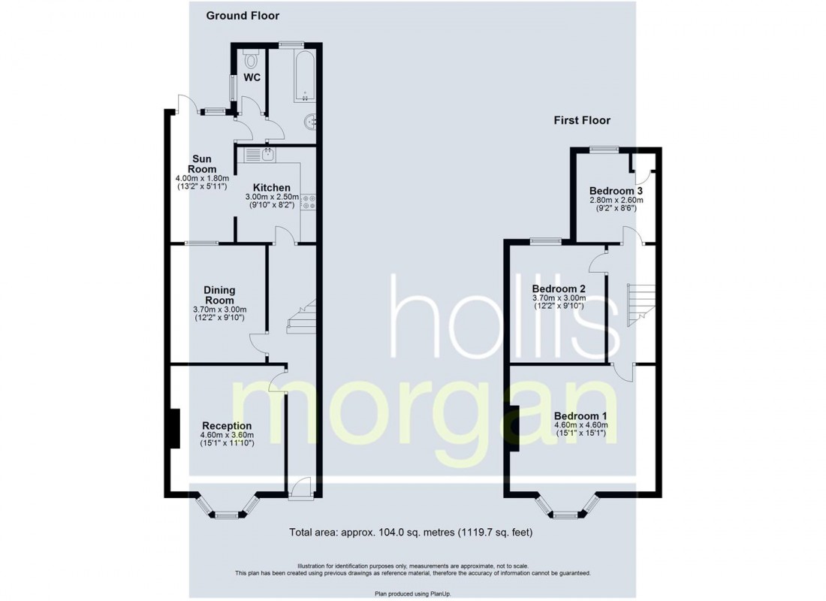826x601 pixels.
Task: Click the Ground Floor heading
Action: tap(243, 16)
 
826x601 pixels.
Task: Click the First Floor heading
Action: tap(581, 120)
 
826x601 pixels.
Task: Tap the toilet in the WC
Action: tap(251, 59)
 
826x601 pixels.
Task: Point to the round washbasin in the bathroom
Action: tap(309, 122)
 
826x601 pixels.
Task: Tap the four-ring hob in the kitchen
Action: tap(309, 202)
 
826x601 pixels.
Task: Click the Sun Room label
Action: tap(202, 164)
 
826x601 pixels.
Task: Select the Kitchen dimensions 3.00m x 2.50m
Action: tap(272, 197)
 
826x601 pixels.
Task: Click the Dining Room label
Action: tap(219, 294)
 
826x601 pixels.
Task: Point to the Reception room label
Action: tap(227, 425)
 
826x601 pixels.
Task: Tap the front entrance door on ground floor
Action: tap(300, 488)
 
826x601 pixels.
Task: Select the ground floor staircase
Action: tap(301, 316)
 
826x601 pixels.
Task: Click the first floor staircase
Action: tap(641, 305)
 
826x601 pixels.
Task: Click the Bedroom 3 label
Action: tap(616, 191)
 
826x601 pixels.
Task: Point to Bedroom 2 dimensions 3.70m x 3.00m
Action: tap(559, 297)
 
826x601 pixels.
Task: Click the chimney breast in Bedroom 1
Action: tap(514, 427)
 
